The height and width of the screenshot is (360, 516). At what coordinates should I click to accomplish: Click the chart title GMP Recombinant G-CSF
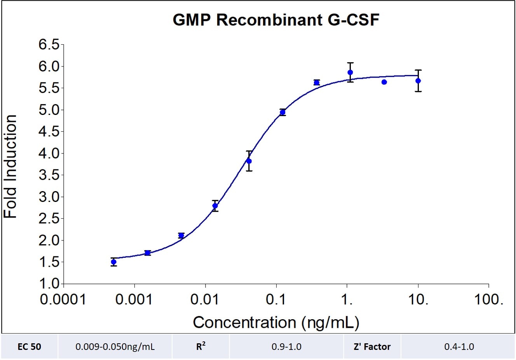coord(275,20)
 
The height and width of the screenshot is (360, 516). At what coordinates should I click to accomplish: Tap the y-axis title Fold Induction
coord(10,167)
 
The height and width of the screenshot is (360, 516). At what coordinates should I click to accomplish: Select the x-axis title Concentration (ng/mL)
coord(276,322)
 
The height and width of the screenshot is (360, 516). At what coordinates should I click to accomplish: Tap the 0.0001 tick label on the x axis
coord(63,300)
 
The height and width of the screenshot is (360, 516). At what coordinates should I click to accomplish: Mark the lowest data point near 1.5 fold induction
coord(113,262)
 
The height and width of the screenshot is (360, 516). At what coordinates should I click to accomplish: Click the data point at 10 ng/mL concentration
coord(418,81)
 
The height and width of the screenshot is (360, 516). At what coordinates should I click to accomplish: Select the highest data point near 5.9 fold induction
coord(350,72)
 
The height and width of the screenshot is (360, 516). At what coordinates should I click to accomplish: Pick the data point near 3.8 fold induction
coord(249,161)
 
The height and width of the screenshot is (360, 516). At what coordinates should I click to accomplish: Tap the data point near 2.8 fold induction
coord(215,206)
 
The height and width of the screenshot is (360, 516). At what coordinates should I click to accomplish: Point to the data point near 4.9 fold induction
coord(282,113)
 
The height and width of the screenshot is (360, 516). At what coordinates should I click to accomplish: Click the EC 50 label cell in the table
coord(30,347)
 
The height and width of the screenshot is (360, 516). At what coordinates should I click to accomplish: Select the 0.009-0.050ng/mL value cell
coord(115,347)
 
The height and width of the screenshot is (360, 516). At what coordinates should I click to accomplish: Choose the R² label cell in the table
coord(200,347)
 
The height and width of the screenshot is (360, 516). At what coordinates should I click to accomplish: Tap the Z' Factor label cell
coord(372,347)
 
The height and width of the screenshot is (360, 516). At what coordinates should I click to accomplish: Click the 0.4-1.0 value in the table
coord(459,347)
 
